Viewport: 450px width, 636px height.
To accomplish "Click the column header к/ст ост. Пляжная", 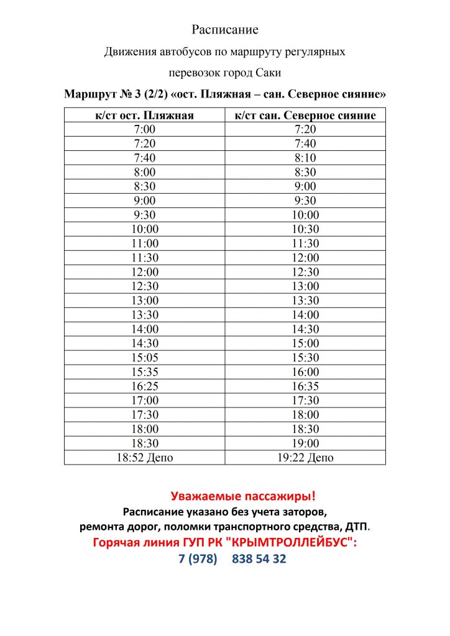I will tap(145, 115).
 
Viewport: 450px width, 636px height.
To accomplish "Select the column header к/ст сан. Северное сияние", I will tap(305, 115).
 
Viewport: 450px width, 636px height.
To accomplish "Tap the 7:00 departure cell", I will tap(145, 129).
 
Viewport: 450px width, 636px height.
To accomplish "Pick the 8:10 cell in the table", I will tap(305, 158).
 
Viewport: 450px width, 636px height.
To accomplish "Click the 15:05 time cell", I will tap(145, 358).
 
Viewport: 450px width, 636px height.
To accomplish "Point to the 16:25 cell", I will tap(145, 386).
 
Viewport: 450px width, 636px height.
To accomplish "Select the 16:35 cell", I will tap(305, 386).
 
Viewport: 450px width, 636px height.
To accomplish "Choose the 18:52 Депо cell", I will tap(145, 458).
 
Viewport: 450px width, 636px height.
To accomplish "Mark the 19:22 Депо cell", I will tap(305, 458).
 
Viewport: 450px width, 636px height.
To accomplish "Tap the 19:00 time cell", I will tap(305, 443).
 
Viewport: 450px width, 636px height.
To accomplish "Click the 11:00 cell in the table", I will tap(145, 243).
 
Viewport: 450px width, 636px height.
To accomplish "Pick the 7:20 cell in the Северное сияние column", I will tap(305, 129).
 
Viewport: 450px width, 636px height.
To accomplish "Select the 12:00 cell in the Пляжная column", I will tap(145, 272).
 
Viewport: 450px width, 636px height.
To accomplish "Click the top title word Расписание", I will tap(224, 30).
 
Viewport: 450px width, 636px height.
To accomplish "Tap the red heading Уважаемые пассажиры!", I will tap(243, 496).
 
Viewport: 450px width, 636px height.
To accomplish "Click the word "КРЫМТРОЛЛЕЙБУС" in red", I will tap(292, 542).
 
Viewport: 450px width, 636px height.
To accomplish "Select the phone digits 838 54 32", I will tap(259, 558).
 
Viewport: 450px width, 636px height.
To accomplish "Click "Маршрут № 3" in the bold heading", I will tap(101, 94).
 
